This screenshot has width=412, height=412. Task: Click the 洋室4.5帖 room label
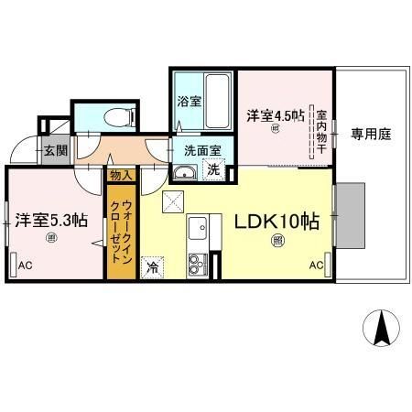click(x=274, y=115)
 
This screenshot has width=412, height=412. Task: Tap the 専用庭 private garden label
click(x=371, y=134)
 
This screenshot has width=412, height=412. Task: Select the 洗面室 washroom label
click(x=202, y=149)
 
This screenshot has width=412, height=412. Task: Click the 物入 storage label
click(x=121, y=174)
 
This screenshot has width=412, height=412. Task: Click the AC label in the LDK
click(x=317, y=266)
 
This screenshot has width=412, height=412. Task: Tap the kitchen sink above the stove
click(x=198, y=226)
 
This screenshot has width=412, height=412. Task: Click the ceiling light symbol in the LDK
click(x=276, y=241)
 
